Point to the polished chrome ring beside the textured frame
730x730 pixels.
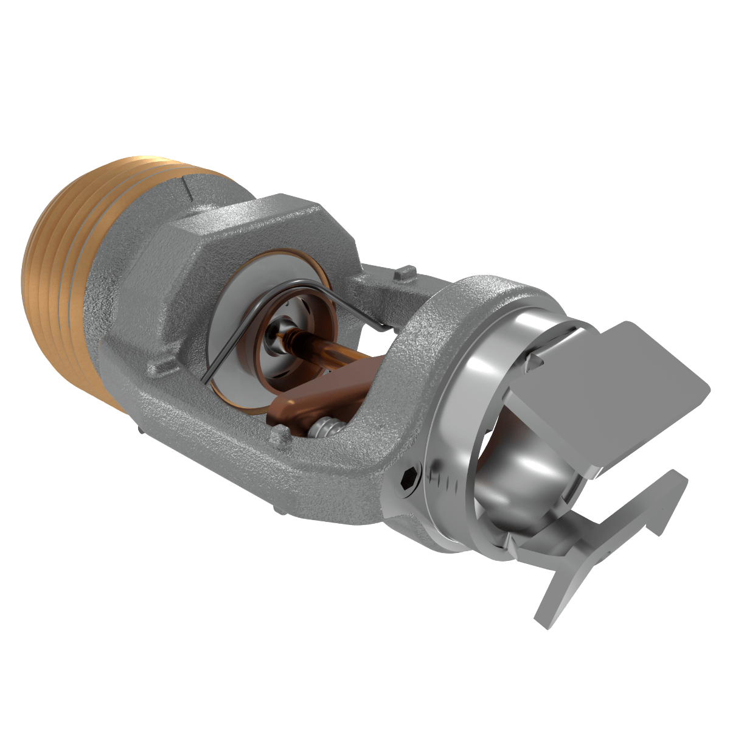462,420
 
